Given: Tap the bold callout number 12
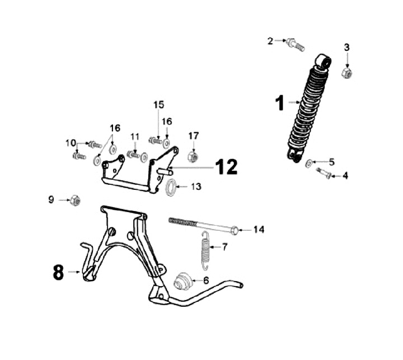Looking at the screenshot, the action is pyautogui.click(x=226, y=166).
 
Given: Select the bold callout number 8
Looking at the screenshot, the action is pyautogui.click(x=58, y=273).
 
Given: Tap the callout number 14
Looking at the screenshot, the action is pyautogui.click(x=258, y=230).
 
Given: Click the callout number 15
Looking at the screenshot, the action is pyautogui.click(x=159, y=105).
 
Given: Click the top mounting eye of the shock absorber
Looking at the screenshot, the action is pyautogui.click(x=323, y=60).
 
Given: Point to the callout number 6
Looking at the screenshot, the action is pyautogui.click(x=205, y=280).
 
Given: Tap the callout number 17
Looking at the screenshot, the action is pyautogui.click(x=193, y=135).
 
